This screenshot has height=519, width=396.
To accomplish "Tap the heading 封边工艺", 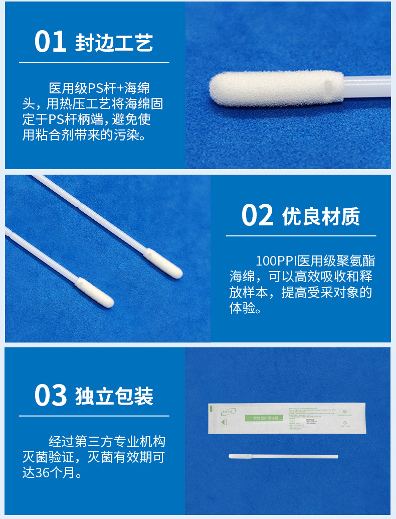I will click(x=114, y=43).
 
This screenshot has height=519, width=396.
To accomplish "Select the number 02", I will click(x=257, y=215).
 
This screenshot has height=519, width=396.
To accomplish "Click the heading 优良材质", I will click(x=321, y=216).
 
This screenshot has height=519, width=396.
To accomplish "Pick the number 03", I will click(x=51, y=396).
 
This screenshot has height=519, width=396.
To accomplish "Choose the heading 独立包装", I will click(x=114, y=396).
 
